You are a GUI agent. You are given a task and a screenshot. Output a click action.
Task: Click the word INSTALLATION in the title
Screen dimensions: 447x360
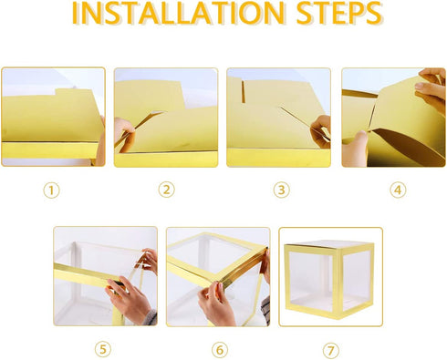(x=178, y=14)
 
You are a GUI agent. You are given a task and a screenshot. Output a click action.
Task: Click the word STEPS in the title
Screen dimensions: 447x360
(x=339, y=14)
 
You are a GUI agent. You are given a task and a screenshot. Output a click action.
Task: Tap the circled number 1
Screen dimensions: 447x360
(x=51, y=190)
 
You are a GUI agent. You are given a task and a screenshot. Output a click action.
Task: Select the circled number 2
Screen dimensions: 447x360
(x=167, y=190)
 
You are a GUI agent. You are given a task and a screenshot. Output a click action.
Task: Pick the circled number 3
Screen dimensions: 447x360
(x=282, y=190)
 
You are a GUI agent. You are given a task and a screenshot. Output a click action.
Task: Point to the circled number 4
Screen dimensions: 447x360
(x=398, y=190)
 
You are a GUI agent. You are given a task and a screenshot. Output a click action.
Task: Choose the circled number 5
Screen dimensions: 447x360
(x=103, y=349)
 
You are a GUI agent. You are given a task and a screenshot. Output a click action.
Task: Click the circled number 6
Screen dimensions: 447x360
(x=220, y=350)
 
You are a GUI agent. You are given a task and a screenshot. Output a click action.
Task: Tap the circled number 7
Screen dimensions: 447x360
(x=331, y=351)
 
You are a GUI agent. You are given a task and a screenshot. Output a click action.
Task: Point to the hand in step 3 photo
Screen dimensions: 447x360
(x=321, y=131)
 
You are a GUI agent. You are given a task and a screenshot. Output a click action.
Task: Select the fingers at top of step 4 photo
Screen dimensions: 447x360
(x=431, y=88)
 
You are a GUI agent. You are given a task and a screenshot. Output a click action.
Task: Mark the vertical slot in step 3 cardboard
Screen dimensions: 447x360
(x=243, y=91)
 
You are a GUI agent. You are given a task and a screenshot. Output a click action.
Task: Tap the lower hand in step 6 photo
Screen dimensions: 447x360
(x=216, y=303)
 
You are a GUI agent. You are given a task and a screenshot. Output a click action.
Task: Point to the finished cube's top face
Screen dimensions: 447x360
(x=329, y=243)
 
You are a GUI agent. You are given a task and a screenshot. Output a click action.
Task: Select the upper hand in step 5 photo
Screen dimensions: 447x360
(x=149, y=260)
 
